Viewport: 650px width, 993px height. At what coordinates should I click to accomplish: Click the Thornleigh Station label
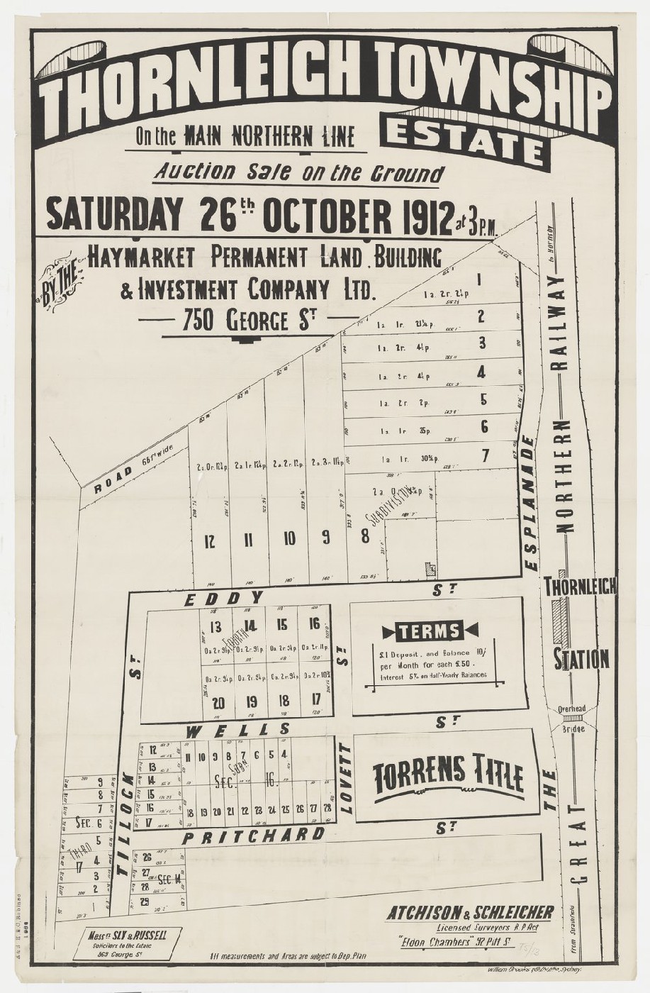[x=581, y=623]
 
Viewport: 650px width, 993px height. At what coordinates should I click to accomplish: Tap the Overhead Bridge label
[x=571, y=719]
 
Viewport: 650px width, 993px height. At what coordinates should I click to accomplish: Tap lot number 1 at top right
[x=480, y=279]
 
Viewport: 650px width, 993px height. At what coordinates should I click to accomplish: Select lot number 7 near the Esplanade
[x=486, y=455]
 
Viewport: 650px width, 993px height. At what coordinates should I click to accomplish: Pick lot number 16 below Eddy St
[x=314, y=624]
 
